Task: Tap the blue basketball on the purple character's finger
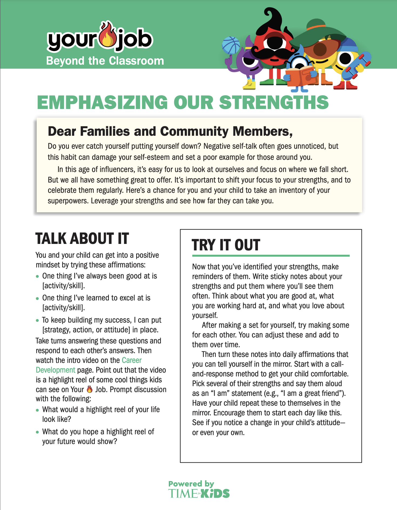point(231,45)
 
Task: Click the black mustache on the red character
point(273,52)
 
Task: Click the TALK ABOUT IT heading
point(82,239)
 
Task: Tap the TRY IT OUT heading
point(226,245)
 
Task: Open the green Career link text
point(132,360)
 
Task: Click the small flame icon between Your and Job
point(90,389)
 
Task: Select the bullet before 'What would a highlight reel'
point(38,410)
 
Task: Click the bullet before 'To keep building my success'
point(38,320)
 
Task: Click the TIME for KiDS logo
point(199,494)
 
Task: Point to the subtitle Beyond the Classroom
point(105,61)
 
